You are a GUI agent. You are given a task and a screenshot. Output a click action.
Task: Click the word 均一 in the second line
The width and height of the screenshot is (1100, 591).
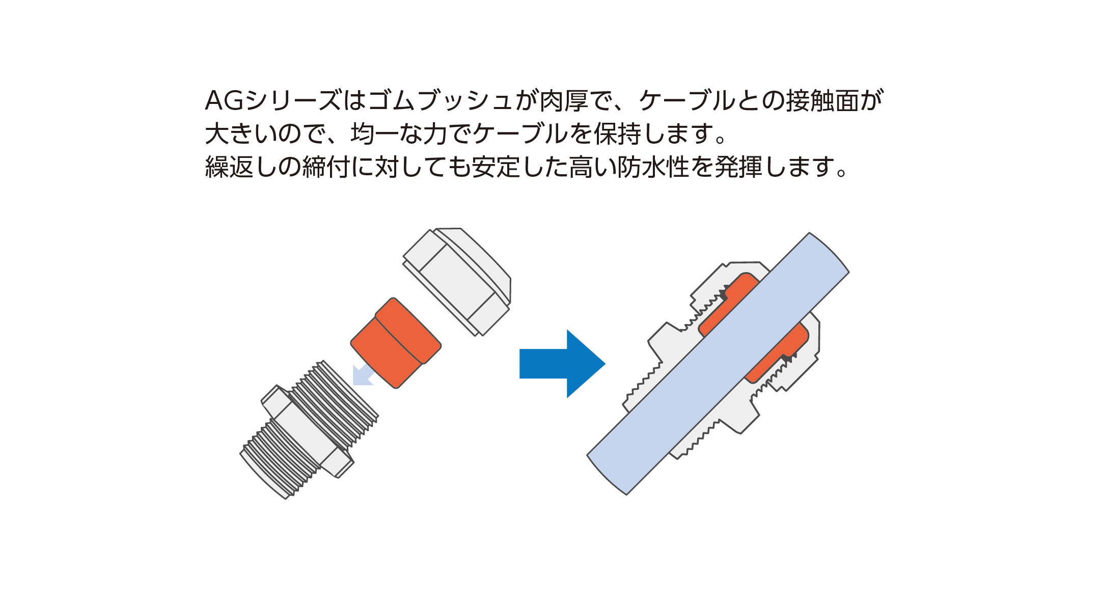(375, 133)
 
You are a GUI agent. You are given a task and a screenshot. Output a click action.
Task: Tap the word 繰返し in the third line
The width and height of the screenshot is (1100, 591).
(241, 167)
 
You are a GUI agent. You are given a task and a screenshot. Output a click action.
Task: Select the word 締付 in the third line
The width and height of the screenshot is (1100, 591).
(326, 167)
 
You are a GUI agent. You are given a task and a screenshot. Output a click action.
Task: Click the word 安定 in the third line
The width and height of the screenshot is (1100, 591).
(497, 167)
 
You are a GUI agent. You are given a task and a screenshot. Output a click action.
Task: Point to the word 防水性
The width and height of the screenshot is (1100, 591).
(654, 167)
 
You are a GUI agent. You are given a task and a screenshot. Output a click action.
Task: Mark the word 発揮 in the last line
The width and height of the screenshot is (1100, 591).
(739, 167)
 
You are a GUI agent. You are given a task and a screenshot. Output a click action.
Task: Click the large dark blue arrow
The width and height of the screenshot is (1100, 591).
(562, 364)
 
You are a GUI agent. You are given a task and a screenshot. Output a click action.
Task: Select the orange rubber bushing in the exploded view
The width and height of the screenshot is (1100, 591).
(396, 343)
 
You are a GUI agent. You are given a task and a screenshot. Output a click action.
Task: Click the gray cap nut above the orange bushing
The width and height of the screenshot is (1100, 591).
(457, 282)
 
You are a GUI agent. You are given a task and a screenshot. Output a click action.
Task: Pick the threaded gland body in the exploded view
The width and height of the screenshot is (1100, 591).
(309, 429)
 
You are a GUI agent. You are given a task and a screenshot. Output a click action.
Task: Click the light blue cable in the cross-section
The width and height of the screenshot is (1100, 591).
(718, 364)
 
